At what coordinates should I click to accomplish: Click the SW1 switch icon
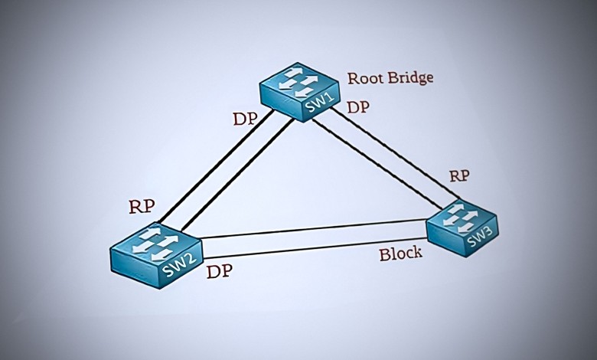point(299,91)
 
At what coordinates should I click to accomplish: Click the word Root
point(364,78)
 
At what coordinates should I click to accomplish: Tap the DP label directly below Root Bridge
point(358,107)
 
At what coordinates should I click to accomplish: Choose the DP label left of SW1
point(244,120)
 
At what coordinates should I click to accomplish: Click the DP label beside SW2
point(220,271)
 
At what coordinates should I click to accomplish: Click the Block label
point(400,254)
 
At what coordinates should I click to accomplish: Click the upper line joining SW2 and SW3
point(314,228)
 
